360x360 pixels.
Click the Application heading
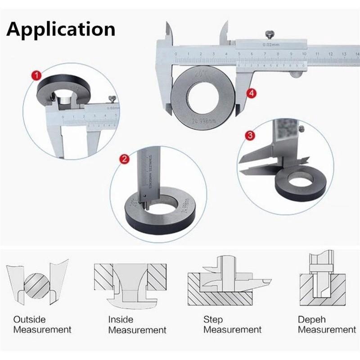click(x=61, y=29)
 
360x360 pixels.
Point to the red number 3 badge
click(x=251, y=135)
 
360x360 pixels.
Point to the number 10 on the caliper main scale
click(x=304, y=54)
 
